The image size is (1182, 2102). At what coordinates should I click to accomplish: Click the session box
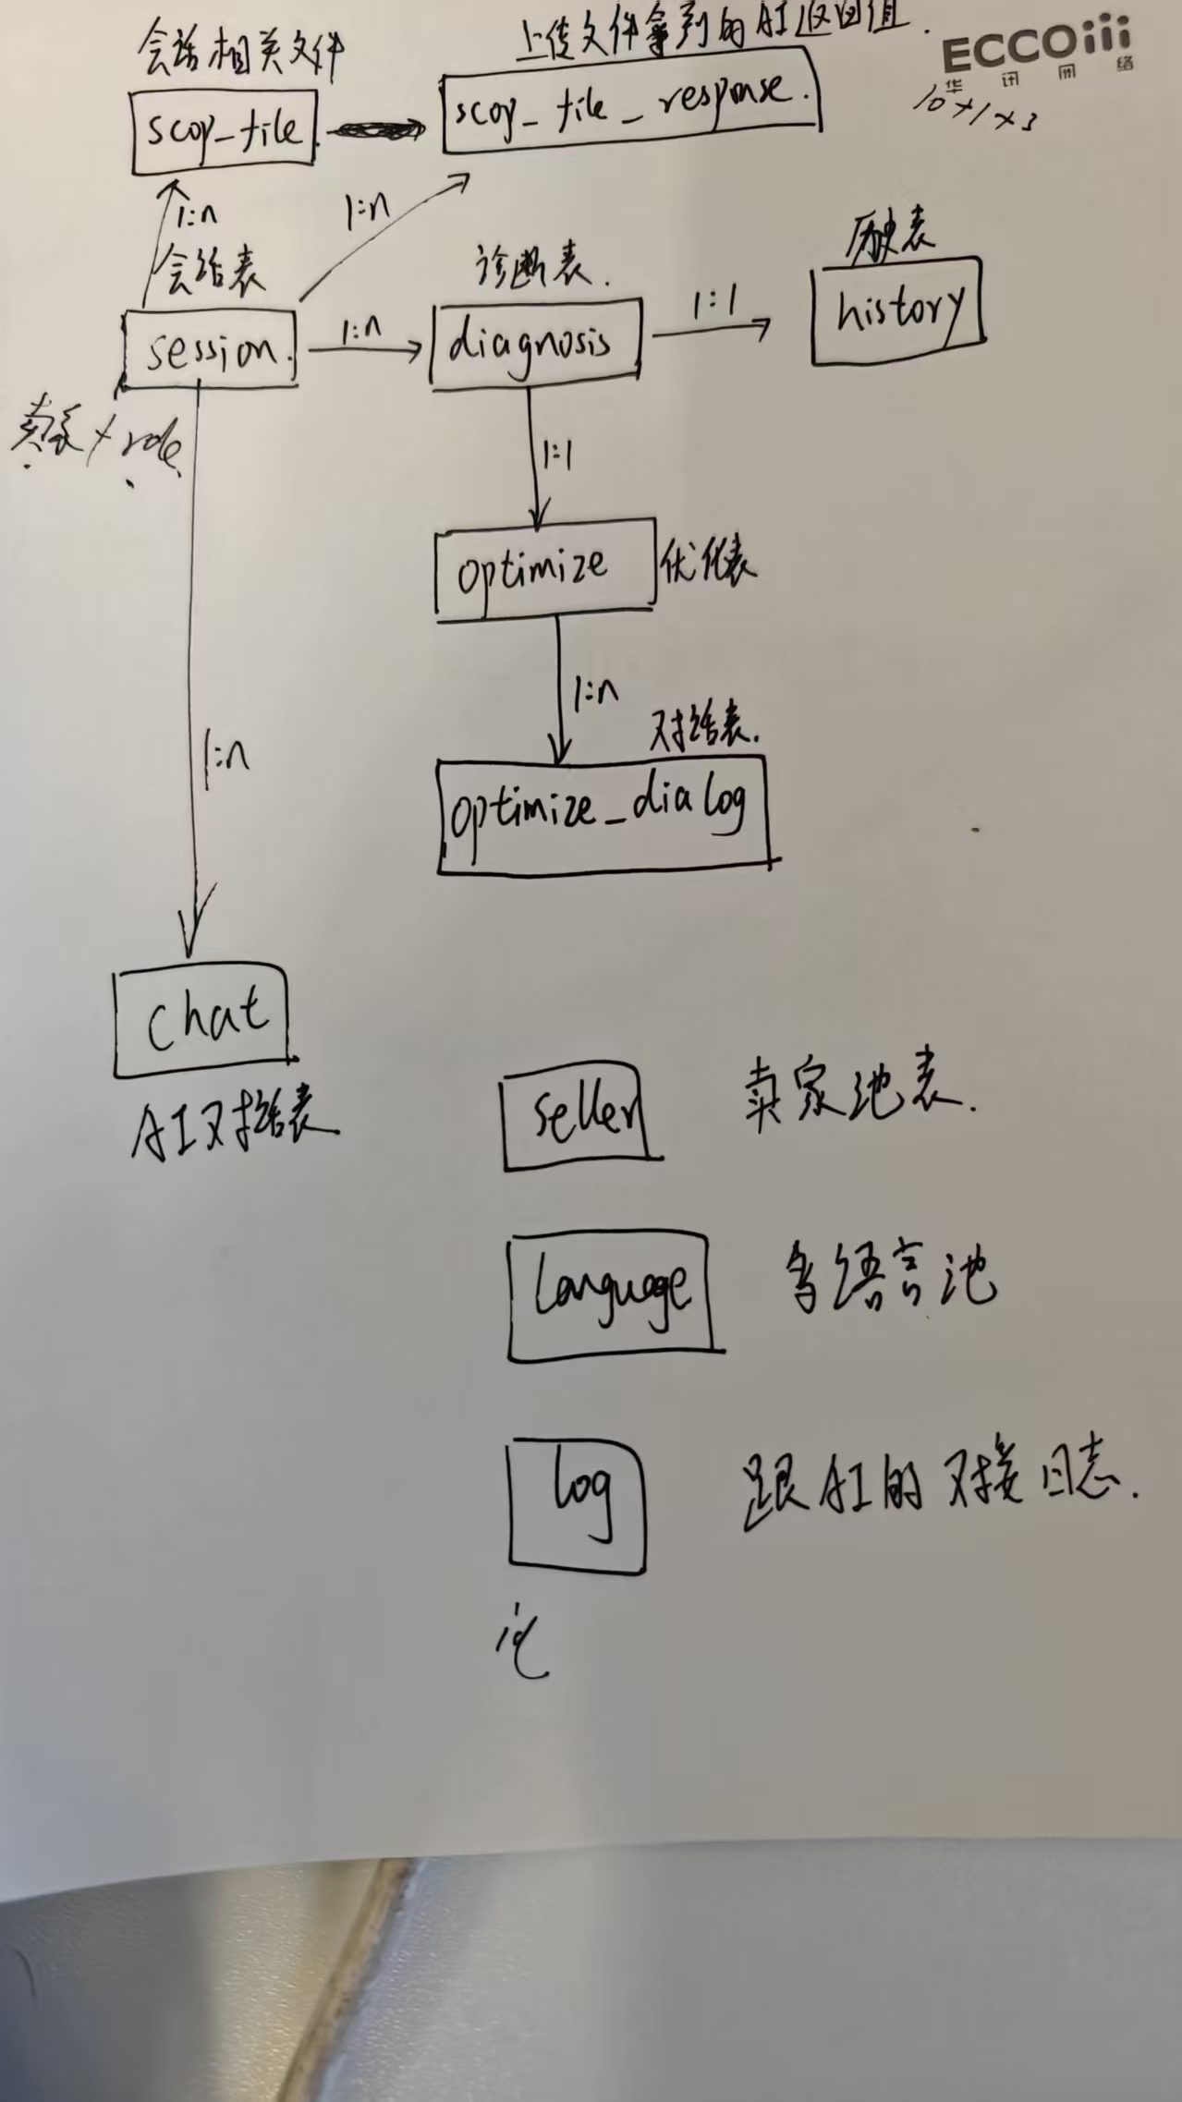point(211,348)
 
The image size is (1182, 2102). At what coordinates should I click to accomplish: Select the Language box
point(610,1295)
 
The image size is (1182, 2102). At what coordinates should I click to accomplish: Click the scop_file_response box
point(630,100)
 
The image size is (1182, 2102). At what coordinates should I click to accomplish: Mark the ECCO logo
point(1035,51)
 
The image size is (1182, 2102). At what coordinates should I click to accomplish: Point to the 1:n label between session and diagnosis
point(361,331)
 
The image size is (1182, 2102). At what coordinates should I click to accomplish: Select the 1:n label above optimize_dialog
point(595,694)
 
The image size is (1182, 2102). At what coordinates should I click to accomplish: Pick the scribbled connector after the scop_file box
point(372,131)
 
